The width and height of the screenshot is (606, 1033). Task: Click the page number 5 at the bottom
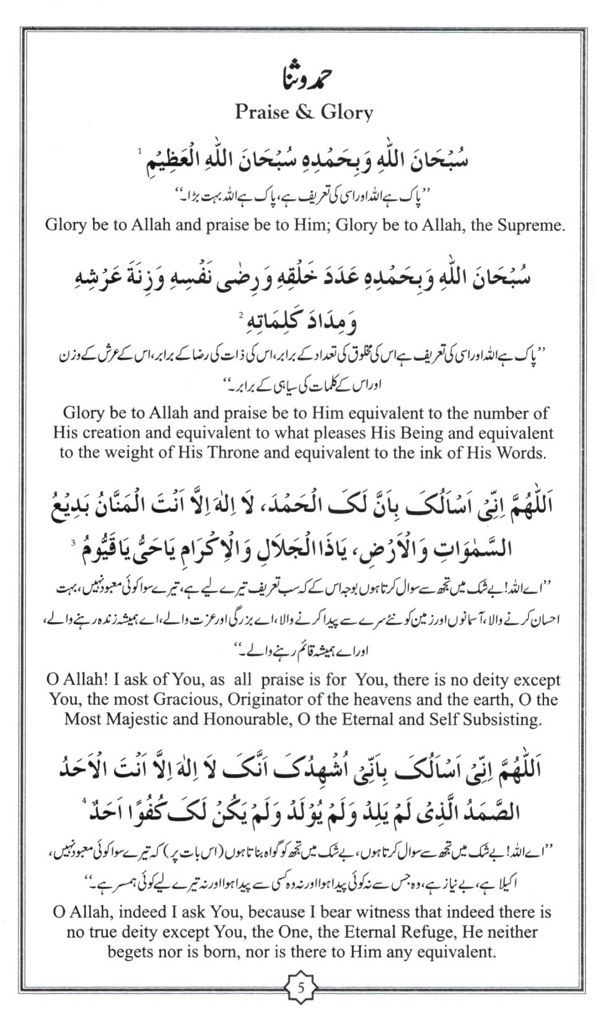coord(302,986)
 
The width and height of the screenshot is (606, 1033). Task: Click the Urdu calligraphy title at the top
coord(304,79)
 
